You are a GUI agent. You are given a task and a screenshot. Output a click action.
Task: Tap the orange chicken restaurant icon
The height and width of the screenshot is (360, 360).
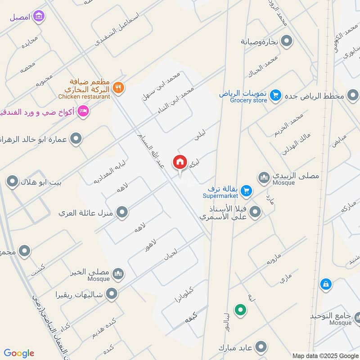coord(118,87)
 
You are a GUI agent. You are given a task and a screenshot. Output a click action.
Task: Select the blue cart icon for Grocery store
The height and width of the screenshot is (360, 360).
coord(276,95)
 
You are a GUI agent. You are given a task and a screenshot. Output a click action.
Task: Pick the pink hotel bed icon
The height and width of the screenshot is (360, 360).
coord(83,111)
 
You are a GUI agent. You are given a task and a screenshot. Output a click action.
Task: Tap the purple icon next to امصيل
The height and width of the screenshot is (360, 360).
coord(40,17)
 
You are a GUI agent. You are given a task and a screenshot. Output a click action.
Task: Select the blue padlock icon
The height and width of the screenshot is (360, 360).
coord(325,284)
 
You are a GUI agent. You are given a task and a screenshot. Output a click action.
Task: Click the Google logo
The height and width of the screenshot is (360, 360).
coord(19,353)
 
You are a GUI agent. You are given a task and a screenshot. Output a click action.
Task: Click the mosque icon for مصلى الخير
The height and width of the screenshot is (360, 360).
coord(118,273)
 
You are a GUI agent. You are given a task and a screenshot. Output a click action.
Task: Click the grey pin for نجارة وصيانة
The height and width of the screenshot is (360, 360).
coord(287,41)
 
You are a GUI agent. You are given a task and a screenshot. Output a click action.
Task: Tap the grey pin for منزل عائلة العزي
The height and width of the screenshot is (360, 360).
coord(121,212)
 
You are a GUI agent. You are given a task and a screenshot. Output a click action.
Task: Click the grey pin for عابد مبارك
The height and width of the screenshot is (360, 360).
coord(260,347)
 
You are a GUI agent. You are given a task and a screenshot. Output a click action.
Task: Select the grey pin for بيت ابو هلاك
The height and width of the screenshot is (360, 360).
coord(12,182)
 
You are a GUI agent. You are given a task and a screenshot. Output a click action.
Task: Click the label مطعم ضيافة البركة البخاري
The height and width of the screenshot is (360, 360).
coord(90,85)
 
